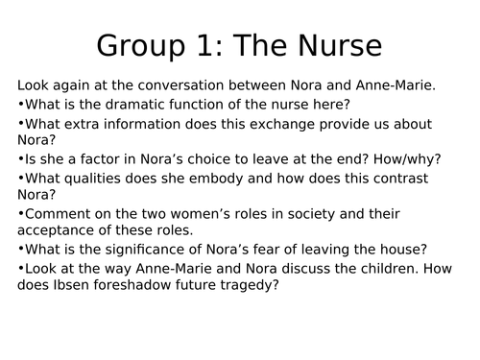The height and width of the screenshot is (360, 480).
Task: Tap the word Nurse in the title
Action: click(332, 45)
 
